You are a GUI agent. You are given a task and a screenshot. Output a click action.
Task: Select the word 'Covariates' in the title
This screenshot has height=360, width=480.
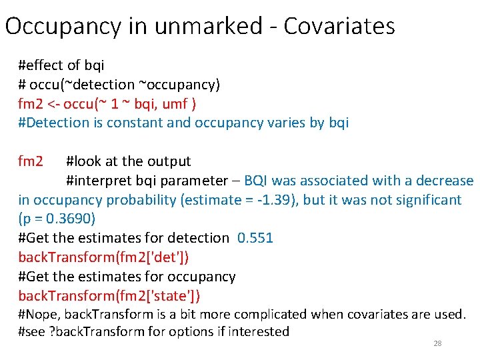coord(339,27)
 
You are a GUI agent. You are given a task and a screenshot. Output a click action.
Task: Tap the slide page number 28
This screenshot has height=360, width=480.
coord(437,343)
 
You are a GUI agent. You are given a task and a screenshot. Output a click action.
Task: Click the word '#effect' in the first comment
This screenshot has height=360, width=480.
coord(42,65)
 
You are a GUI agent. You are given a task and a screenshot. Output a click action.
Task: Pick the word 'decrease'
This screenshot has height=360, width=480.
coord(445,181)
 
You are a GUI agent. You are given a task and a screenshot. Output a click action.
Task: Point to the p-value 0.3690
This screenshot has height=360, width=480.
coord(60,219)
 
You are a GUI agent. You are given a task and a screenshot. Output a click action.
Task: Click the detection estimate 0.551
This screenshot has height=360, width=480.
coord(255,238)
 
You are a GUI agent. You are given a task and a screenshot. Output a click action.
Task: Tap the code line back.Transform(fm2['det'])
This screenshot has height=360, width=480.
coord(108,257)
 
